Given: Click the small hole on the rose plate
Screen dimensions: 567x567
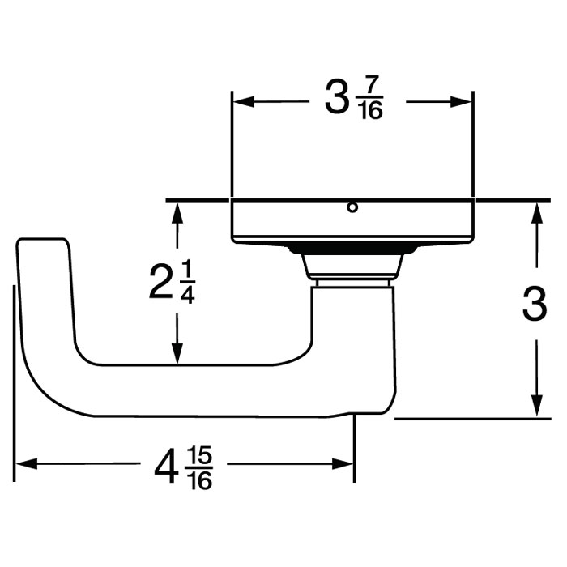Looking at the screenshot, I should pos(352,207).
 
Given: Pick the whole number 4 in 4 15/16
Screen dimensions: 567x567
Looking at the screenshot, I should pos(167,467).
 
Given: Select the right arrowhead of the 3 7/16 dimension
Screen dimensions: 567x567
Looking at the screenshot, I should pos(464,102).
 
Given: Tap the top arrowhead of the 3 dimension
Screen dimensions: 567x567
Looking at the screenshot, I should pos(535,211).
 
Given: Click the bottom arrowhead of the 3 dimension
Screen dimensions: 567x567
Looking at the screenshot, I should pos(535,408).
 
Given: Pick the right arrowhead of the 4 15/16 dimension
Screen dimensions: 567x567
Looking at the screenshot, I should pos(346,464).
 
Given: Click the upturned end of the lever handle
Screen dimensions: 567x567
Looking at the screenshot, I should pos(43,267).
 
